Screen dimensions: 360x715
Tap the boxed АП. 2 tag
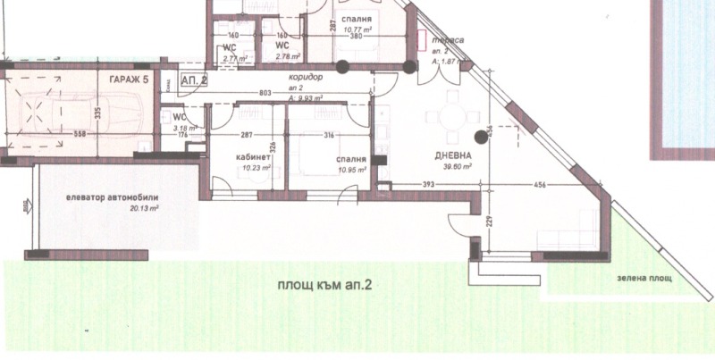point(193,80)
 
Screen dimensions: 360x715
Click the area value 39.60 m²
point(449,165)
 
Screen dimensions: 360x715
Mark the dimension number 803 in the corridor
point(265,92)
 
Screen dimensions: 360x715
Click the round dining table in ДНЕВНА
point(443,116)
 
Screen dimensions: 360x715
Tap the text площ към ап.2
point(318,285)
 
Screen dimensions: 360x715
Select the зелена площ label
point(643,278)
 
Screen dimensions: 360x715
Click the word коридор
point(305,78)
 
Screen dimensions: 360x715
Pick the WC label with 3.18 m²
point(179,117)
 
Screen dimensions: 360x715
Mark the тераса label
point(445,41)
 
